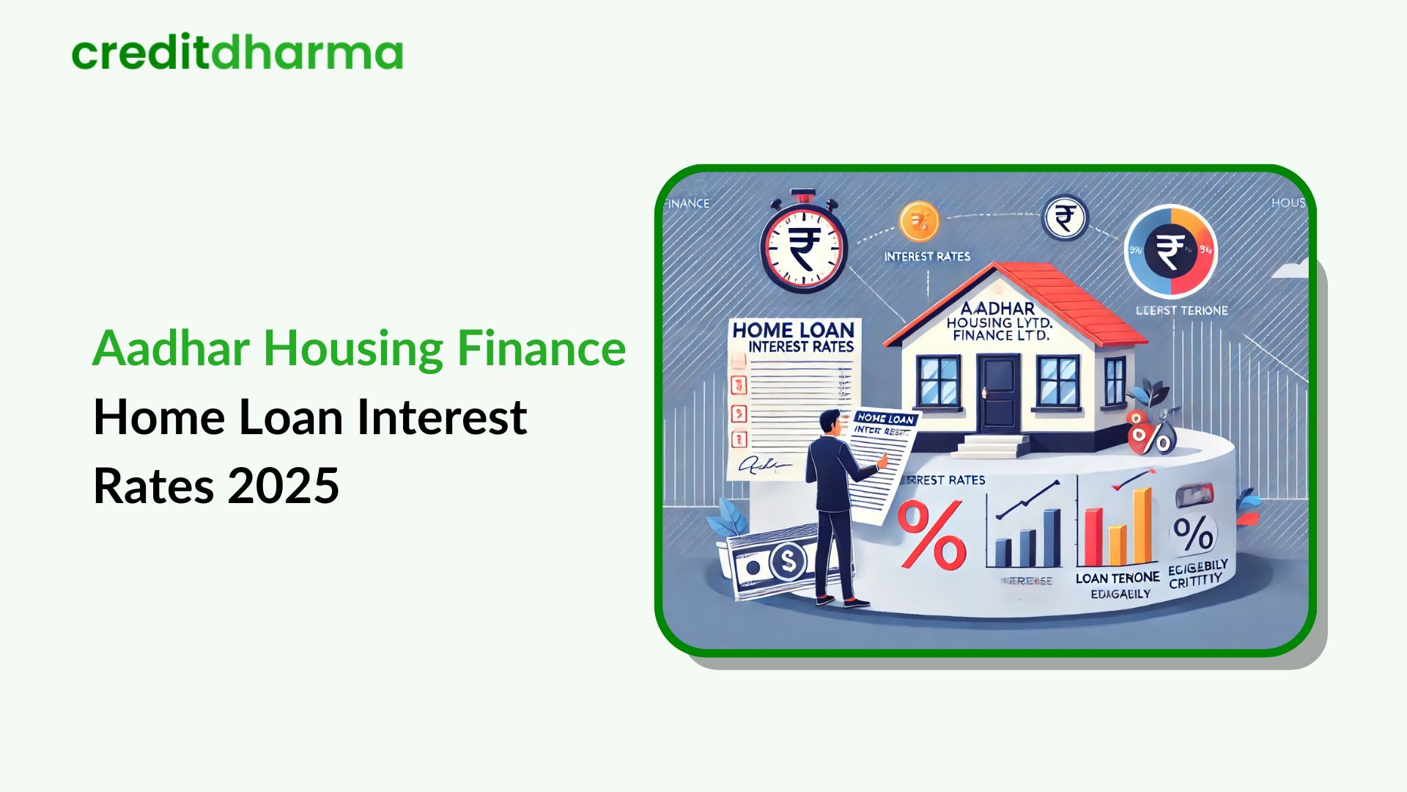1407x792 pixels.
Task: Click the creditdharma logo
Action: click(x=237, y=54)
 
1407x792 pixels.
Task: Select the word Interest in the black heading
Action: click(x=442, y=417)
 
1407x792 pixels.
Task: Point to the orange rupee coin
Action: click(x=919, y=221)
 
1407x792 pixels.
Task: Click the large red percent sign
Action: click(x=931, y=534)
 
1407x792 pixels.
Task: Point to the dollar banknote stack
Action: click(x=769, y=561)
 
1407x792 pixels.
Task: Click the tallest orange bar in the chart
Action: click(x=1142, y=526)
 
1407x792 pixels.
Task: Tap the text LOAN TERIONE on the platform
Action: click(x=1117, y=578)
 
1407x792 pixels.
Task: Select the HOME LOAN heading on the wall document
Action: click(x=793, y=330)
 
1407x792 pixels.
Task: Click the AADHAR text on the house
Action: click(x=997, y=309)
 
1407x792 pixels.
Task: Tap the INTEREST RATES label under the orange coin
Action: click(x=927, y=257)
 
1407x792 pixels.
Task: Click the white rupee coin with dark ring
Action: click(x=1064, y=218)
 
